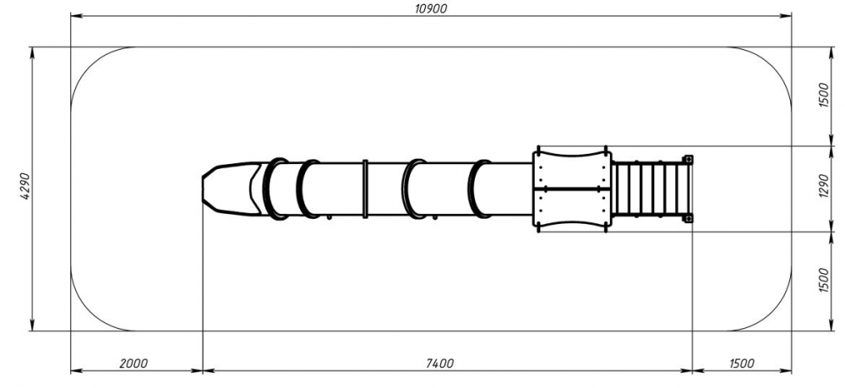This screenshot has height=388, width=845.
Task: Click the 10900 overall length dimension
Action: click(x=431, y=8)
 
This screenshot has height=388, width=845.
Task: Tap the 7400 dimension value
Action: click(x=439, y=363)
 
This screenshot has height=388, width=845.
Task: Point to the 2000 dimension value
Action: click(x=133, y=363)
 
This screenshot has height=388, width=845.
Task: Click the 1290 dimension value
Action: click(x=823, y=186)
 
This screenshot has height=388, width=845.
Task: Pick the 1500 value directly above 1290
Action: click(x=823, y=96)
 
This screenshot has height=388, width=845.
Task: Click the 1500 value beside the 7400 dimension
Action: click(x=742, y=363)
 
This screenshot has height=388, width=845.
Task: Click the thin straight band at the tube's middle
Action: click(x=365, y=189)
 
